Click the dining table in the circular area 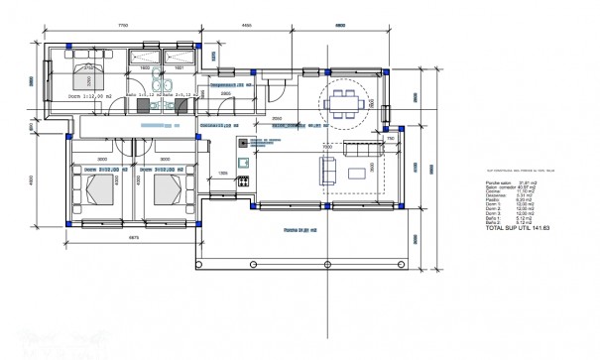click(x=344, y=99)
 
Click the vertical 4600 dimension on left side click(x=31, y=181)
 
